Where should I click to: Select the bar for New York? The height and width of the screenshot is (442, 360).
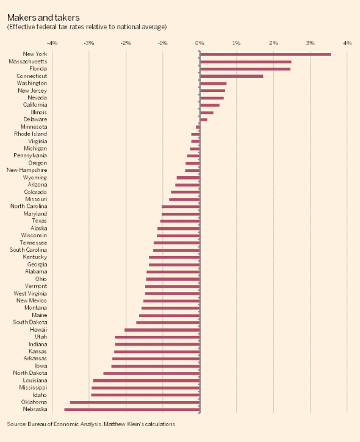pyautogui.click(x=265, y=54)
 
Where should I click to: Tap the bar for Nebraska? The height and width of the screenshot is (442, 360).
pyautogui.click(x=132, y=409)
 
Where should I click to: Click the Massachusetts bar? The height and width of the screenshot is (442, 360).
pyautogui.click(x=246, y=62)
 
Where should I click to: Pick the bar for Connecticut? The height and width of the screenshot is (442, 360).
pyautogui.click(x=232, y=76)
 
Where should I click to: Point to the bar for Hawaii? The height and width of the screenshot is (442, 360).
pyautogui.click(x=162, y=330)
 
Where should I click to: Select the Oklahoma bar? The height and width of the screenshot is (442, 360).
pyautogui.click(x=135, y=402)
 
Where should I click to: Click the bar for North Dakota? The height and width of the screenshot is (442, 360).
pyautogui.click(x=152, y=373)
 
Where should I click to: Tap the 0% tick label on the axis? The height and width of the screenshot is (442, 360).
pyautogui.click(x=200, y=43)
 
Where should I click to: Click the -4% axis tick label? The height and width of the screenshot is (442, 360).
pyautogui.click(x=52, y=43)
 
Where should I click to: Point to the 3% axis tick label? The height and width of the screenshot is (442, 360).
pyautogui.click(x=311, y=43)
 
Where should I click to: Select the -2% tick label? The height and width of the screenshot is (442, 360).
pyautogui.click(x=126, y=43)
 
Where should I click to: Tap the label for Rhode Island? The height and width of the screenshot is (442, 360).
pyautogui.click(x=31, y=134)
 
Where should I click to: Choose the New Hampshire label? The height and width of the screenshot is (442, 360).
pyautogui.click(x=27, y=170)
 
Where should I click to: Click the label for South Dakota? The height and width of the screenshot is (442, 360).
pyautogui.click(x=31, y=323)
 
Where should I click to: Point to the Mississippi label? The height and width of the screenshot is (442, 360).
pyautogui.click(x=33, y=388)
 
